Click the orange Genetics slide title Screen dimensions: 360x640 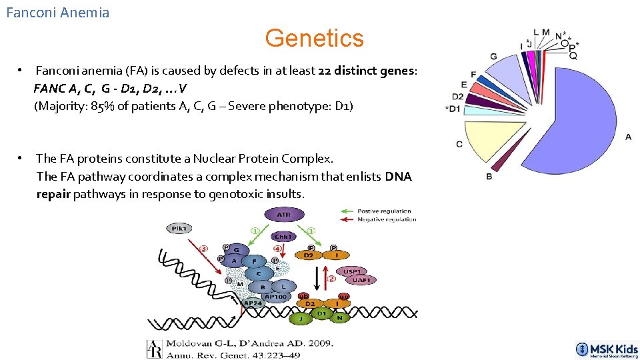pyautogui.click(x=314, y=38)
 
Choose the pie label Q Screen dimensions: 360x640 pyautogui.click(x=573, y=57)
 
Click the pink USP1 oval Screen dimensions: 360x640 pyautogui.click(x=353, y=272)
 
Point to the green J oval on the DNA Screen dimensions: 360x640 pyautogui.click(x=300, y=319)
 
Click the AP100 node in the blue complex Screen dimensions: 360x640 pyautogui.click(x=275, y=297)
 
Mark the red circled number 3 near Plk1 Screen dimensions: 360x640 pyautogui.click(x=204, y=249)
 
